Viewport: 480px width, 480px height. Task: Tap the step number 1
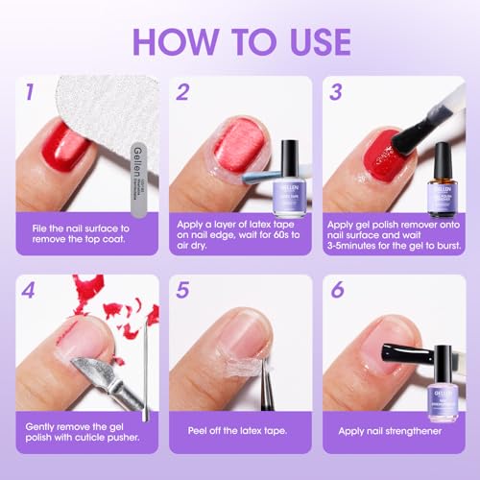click(x=30, y=93)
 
